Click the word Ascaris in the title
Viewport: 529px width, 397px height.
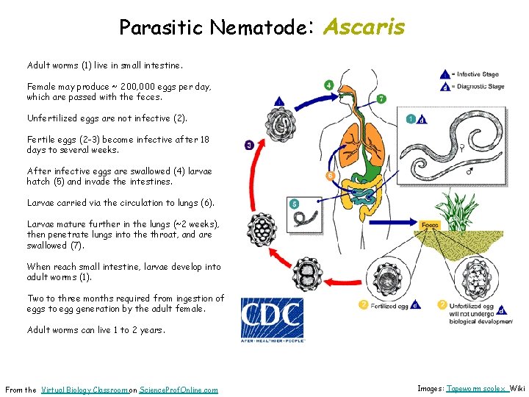click(364, 27)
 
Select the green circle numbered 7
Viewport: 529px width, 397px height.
click(381, 99)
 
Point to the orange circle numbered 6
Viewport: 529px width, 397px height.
click(330, 176)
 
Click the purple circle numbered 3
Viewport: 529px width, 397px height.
click(249, 146)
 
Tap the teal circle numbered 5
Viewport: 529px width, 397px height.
click(294, 204)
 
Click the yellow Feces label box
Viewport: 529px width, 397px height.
click(430, 226)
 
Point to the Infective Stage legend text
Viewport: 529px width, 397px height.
click(480, 74)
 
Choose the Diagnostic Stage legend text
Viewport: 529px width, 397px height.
click(481, 86)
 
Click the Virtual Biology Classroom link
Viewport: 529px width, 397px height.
click(84, 390)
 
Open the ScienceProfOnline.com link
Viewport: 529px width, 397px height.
click(179, 390)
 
